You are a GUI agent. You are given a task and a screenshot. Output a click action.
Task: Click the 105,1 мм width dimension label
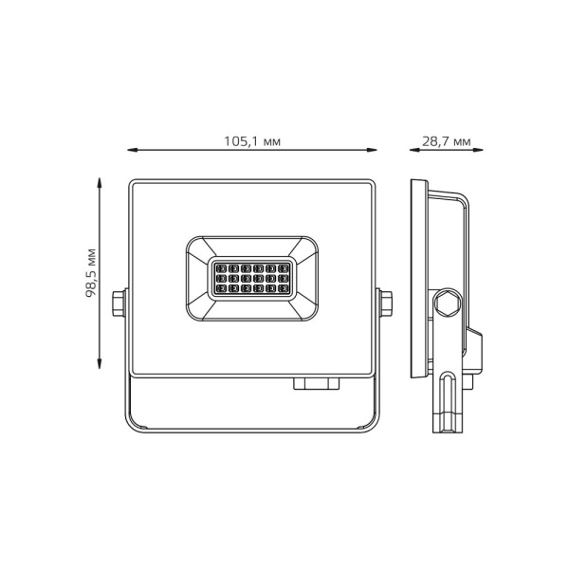tap(251, 141)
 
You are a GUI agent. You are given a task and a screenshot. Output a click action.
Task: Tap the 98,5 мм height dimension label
tap(91, 273)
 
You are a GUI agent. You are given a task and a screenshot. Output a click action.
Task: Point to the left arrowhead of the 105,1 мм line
tap(132, 150)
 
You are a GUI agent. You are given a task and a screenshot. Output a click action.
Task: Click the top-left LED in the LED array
tap(219, 266)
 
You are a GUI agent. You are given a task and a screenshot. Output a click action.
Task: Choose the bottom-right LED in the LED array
tap(284, 289)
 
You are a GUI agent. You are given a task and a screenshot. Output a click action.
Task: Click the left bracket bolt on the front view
tap(119, 303)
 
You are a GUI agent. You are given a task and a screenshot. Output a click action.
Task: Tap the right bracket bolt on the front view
tap(386, 303)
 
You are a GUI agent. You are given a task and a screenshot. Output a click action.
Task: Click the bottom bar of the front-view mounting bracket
tap(251, 431)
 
